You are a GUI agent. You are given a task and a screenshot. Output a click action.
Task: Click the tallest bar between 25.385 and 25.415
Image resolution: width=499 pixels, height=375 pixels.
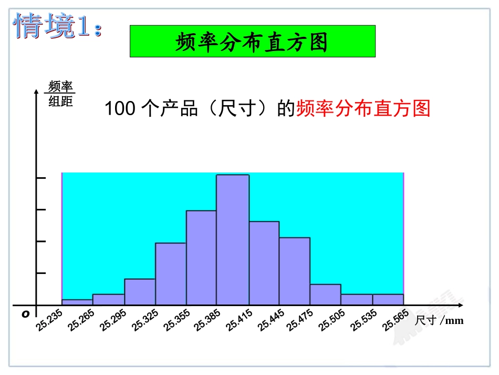(x=233, y=239)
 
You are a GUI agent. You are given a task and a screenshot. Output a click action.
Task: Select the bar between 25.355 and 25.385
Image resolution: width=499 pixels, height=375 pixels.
(x=201, y=258)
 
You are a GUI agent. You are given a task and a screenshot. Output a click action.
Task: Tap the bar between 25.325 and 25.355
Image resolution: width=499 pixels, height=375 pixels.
(x=171, y=273)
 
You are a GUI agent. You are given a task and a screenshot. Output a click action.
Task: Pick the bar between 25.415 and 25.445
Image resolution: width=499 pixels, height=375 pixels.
(x=264, y=263)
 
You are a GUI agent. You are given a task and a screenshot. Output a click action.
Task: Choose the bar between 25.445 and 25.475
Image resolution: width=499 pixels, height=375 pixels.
(x=294, y=271)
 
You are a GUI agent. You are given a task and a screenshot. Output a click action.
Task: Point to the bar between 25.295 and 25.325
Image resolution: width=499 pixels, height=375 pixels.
(x=140, y=292)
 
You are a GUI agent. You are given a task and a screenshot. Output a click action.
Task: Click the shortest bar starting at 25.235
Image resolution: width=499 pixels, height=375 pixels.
(x=77, y=302)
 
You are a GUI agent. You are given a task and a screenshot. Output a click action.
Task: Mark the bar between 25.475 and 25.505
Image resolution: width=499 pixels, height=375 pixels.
(x=325, y=295)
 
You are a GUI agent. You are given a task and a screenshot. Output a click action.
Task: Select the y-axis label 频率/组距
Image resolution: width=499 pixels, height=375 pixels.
(x=60, y=94)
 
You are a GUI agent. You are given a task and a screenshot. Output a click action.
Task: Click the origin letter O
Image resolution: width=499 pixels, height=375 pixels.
(x=25, y=313)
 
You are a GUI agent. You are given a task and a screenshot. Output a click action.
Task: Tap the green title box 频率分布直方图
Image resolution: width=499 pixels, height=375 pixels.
(x=252, y=41)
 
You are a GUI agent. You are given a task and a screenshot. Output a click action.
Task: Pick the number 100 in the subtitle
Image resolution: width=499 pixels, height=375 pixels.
(x=120, y=109)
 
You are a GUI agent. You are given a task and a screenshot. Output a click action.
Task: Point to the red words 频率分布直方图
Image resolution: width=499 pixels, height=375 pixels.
(x=363, y=109)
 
